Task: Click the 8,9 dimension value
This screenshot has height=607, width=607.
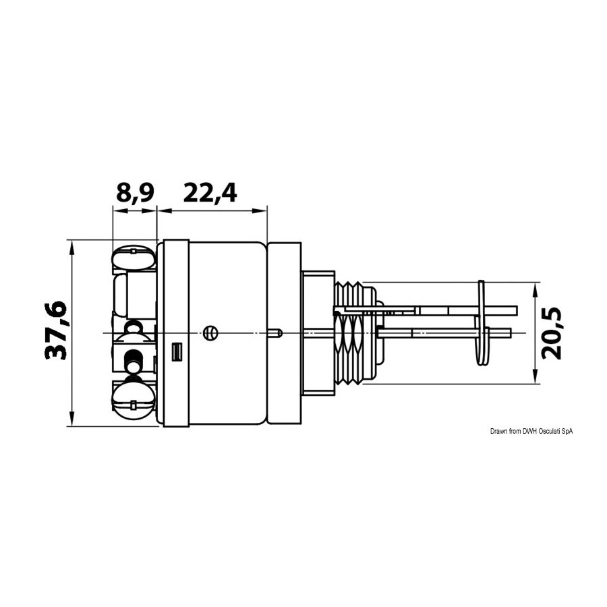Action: pyautogui.click(x=135, y=194)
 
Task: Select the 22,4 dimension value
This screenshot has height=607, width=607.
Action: pyautogui.click(x=210, y=193)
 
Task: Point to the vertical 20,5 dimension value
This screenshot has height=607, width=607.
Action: pyautogui.click(x=552, y=333)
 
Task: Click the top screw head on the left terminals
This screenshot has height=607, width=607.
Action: pyautogui.click(x=134, y=258)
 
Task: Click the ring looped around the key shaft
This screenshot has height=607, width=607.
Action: pyautogui.click(x=482, y=322)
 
